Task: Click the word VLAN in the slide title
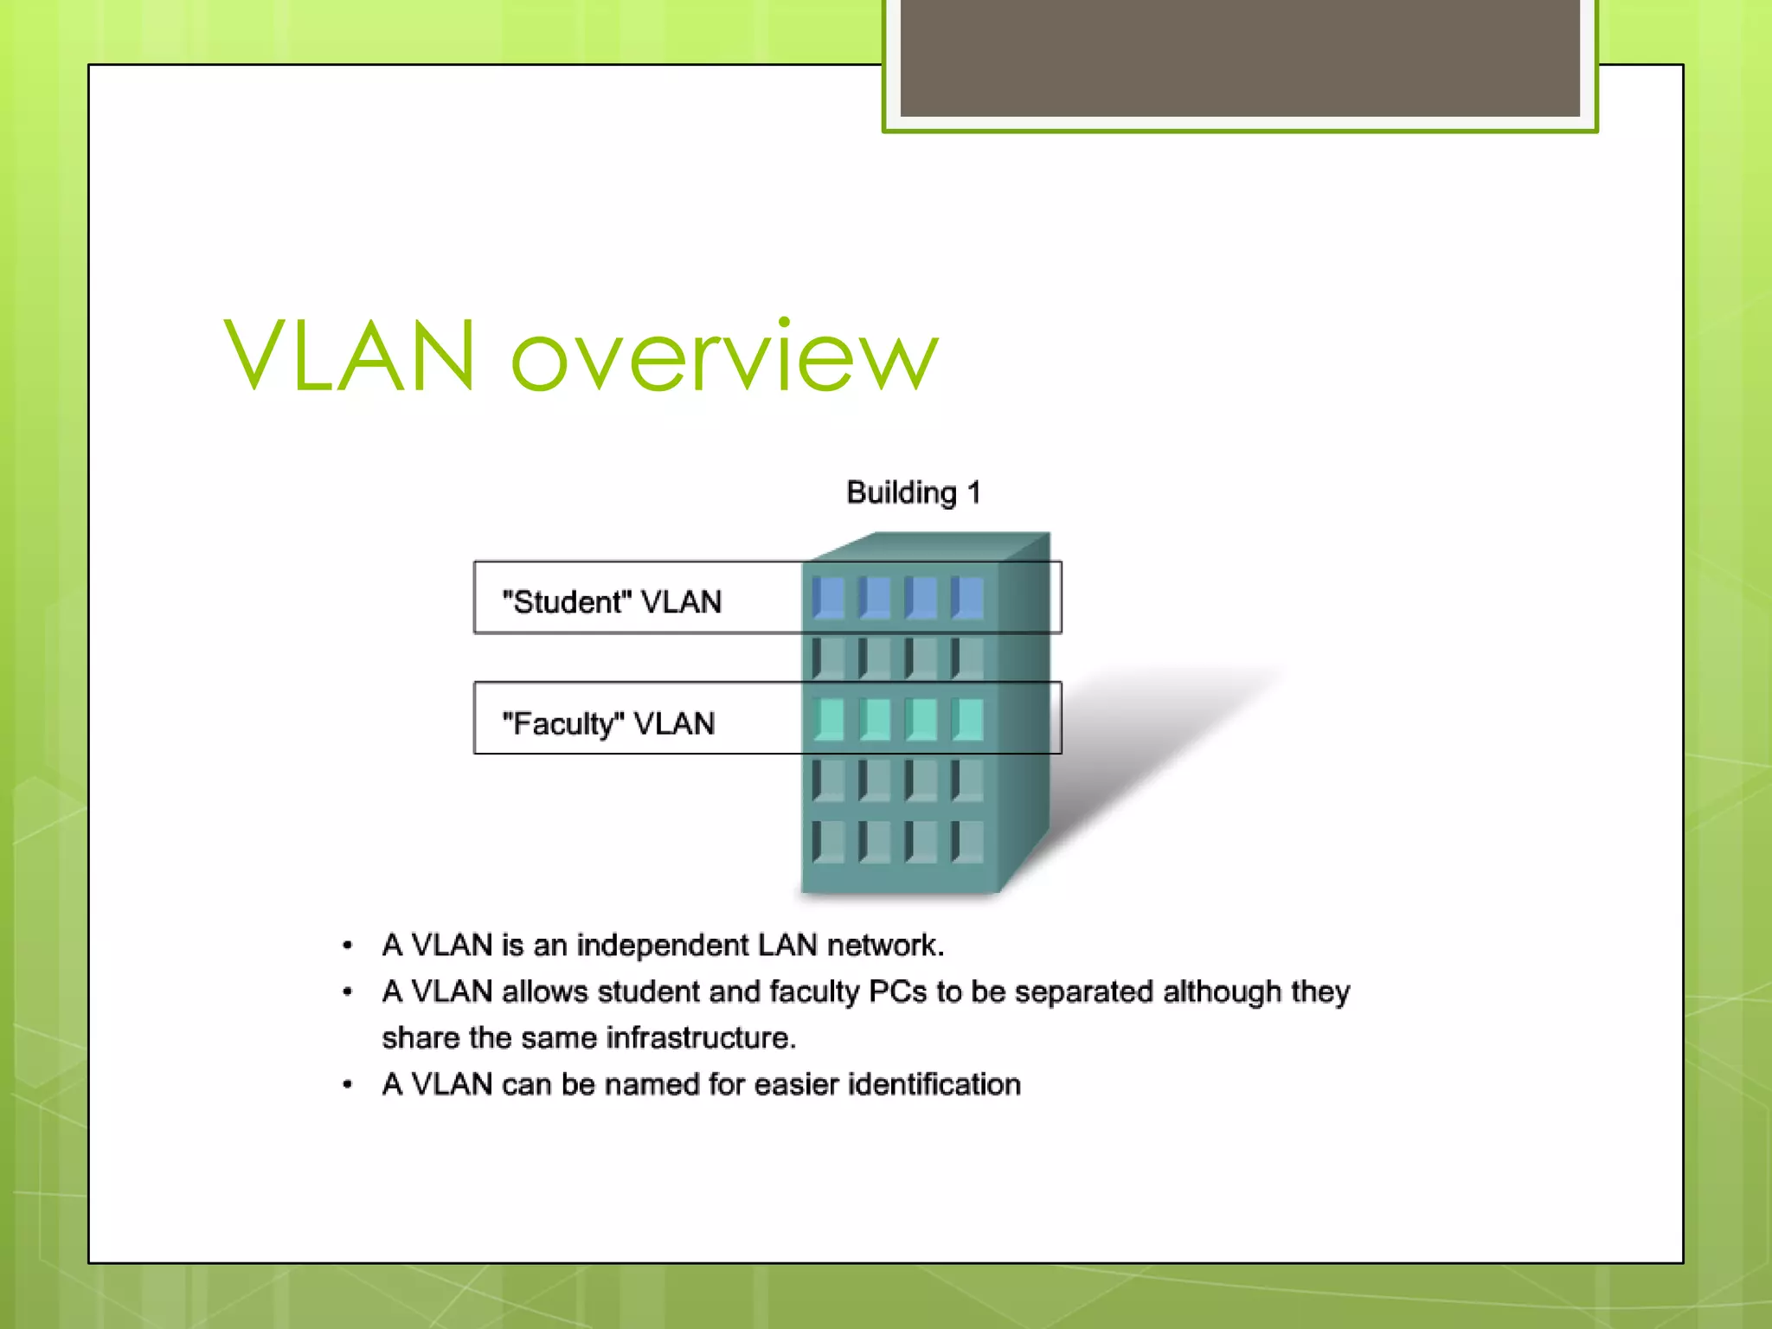(x=350, y=356)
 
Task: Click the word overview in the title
(x=725, y=356)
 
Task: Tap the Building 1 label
(x=913, y=492)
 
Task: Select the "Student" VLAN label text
(x=612, y=601)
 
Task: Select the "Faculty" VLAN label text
(x=608, y=723)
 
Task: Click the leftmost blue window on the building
(x=829, y=598)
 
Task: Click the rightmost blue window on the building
(x=967, y=598)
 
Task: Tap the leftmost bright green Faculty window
(x=829, y=719)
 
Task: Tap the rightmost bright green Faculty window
(x=967, y=719)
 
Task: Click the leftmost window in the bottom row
(x=829, y=841)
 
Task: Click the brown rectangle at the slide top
(x=1239, y=57)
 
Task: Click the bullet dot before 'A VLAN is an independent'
(x=347, y=946)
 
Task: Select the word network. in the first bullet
(x=885, y=945)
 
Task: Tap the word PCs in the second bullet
(x=897, y=992)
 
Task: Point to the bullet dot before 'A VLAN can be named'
(x=347, y=1085)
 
